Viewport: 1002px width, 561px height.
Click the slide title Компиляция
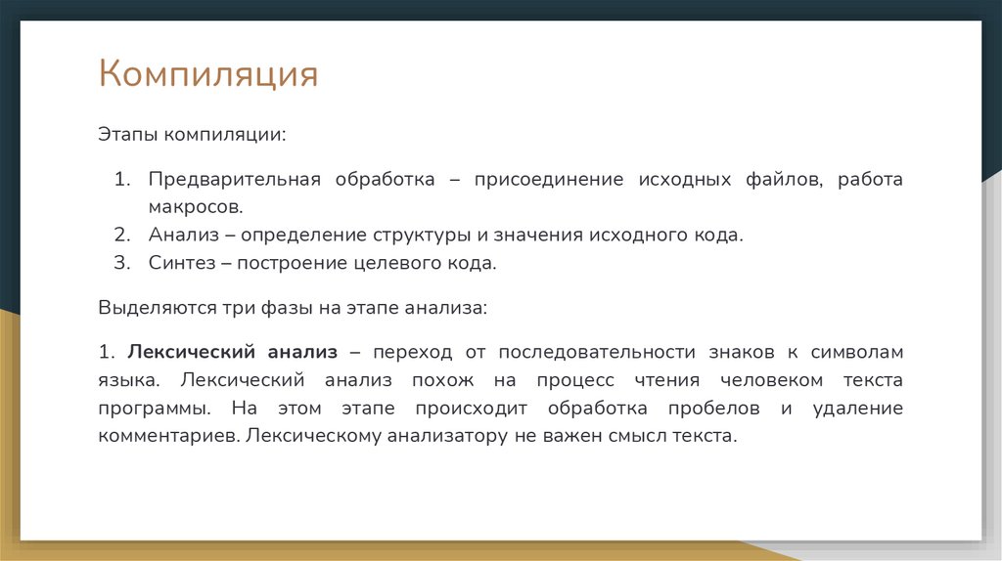click(207, 75)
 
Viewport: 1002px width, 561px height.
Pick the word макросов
click(194, 207)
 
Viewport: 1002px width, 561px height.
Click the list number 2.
click(120, 236)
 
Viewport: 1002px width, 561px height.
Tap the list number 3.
click(120, 263)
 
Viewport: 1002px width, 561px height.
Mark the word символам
click(861, 352)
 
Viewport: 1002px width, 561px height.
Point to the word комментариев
click(166, 436)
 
